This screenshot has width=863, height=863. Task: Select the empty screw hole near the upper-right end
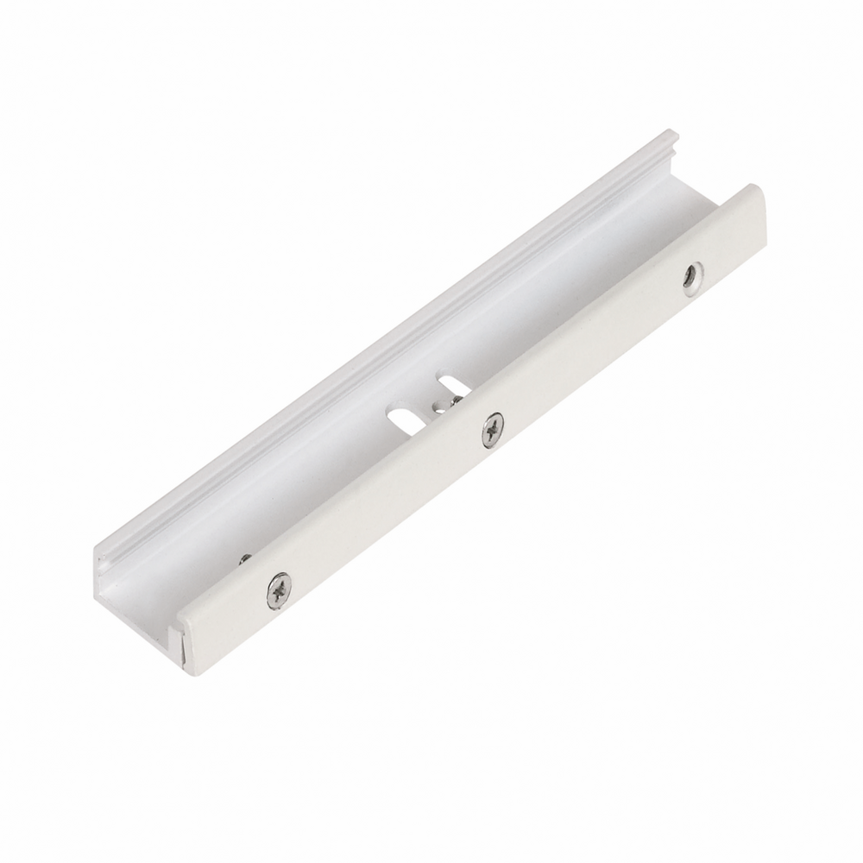(691, 278)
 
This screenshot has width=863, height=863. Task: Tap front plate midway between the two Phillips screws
(387, 508)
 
